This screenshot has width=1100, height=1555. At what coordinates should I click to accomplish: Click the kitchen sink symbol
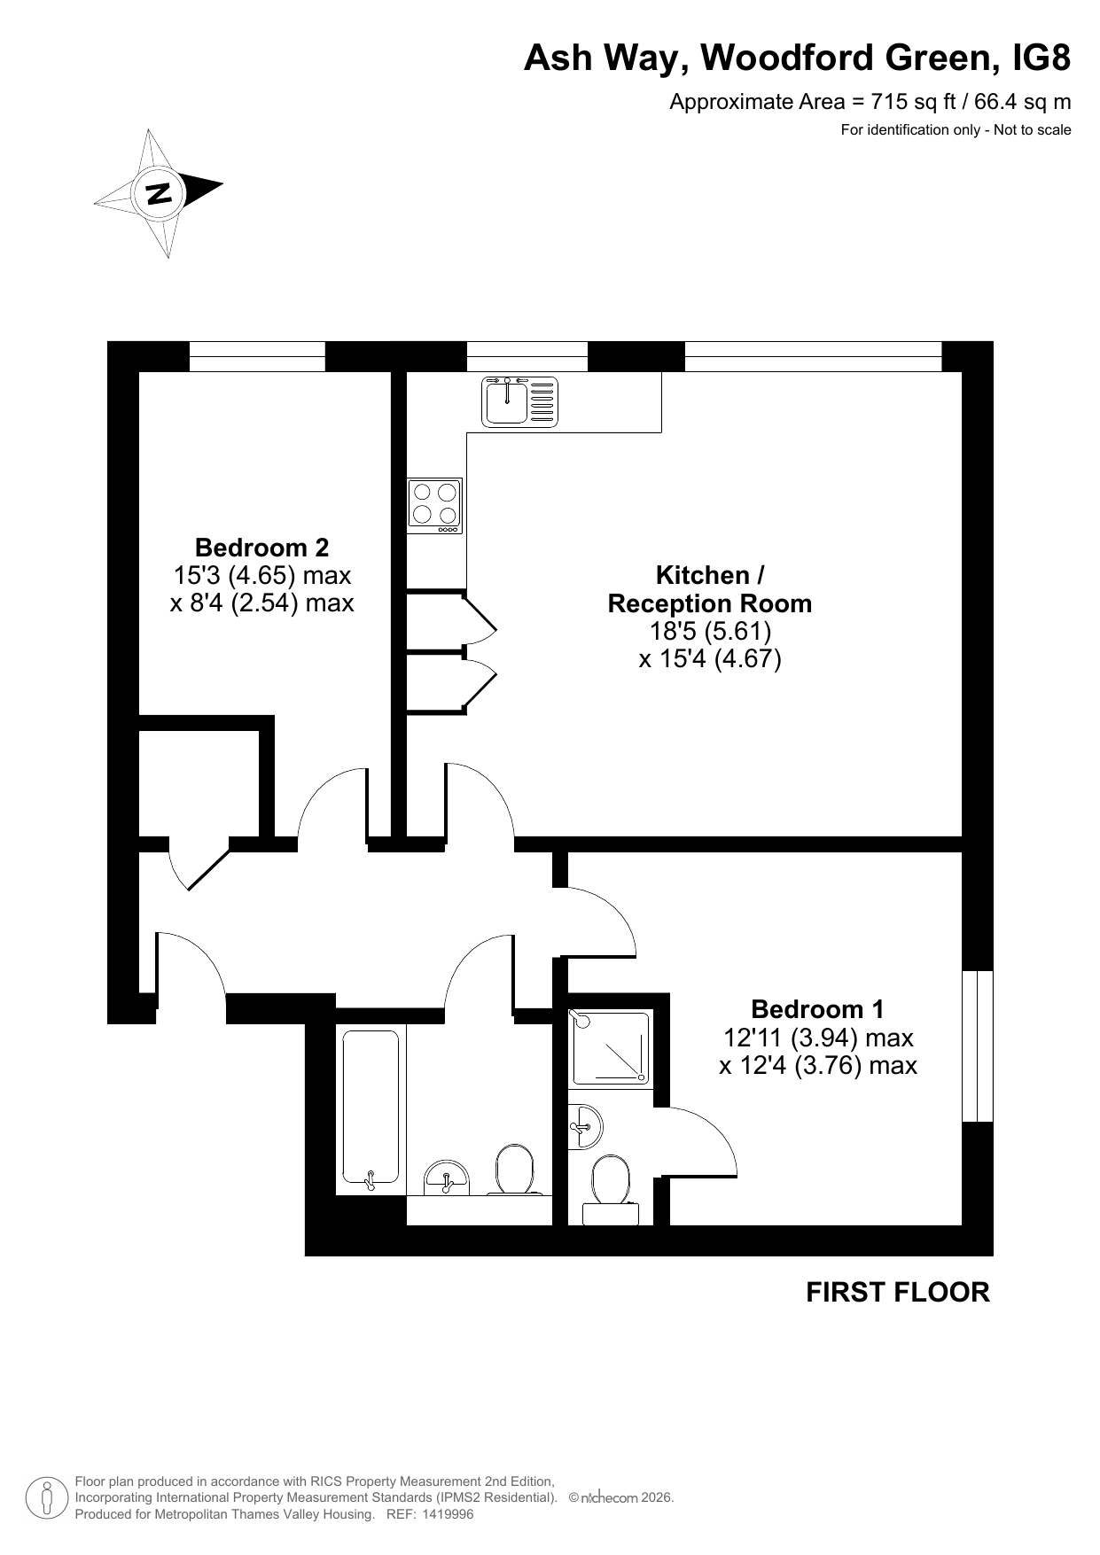[x=521, y=401]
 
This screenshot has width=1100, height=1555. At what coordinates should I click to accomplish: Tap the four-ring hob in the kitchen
[x=434, y=506]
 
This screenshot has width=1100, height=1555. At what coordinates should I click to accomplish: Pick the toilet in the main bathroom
[x=515, y=1170]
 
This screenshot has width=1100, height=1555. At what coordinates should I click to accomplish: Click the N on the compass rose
[x=159, y=192]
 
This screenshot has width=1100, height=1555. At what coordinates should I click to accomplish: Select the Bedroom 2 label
[x=261, y=547]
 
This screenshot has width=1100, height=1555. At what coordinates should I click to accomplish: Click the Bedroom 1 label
[x=817, y=1008]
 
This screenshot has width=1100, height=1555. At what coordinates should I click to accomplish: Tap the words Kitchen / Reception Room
[x=709, y=589]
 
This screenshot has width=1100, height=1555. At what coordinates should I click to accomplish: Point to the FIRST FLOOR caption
[x=897, y=1292]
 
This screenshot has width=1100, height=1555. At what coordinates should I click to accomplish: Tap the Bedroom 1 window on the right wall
[x=978, y=1046]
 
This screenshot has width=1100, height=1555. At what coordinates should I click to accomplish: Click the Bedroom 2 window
[x=257, y=356]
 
